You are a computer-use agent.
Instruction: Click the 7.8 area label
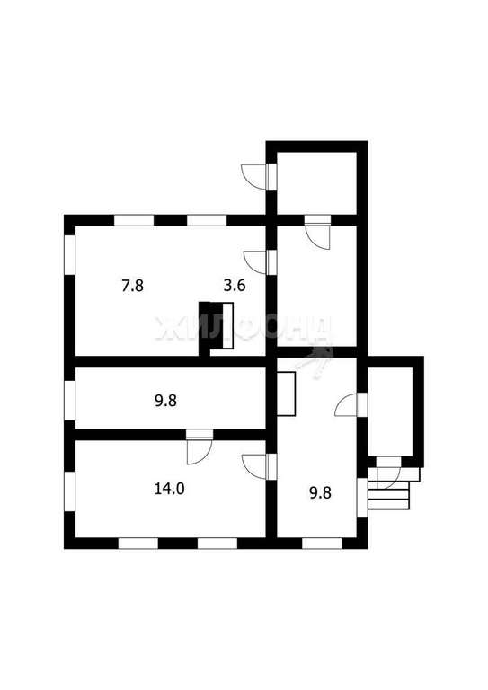pos(132,286)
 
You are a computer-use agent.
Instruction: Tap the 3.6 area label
pos(234,286)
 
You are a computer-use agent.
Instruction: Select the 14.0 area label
pos(170,489)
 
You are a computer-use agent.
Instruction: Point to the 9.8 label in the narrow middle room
pos(166,401)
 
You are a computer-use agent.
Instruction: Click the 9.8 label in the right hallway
pos(320,492)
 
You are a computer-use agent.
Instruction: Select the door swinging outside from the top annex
pos(257,177)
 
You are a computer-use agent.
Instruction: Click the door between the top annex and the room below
pos(318,233)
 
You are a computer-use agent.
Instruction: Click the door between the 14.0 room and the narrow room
pos(199,447)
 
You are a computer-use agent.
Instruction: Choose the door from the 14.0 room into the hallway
pos(258,466)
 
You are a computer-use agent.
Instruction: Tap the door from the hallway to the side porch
pos(350,404)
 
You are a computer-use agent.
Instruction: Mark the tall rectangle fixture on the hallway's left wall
pos(286,394)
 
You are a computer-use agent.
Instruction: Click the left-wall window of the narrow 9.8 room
pos(69,401)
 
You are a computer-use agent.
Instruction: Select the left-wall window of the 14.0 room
pos(69,491)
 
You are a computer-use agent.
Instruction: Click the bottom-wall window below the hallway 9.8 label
pos(322,543)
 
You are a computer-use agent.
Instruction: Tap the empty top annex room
pos(316,183)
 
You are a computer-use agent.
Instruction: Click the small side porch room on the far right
pos(390,411)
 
